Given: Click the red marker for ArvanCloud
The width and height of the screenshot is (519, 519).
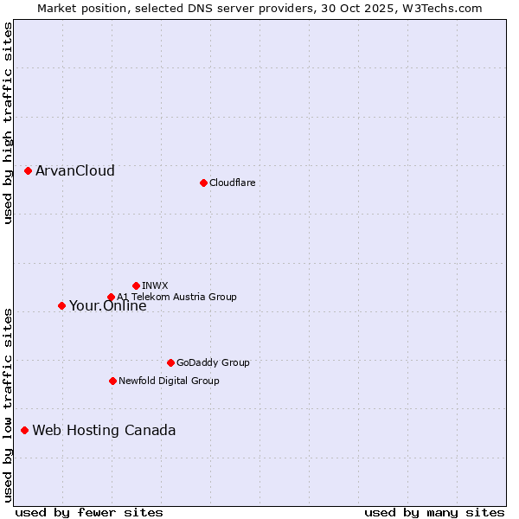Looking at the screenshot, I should point(28,170).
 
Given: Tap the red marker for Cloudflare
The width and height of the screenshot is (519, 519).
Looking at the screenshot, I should point(203,183).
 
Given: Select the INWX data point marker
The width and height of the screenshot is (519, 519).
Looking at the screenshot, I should point(136,285).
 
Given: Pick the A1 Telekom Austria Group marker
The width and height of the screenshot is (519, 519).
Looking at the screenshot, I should point(111,298).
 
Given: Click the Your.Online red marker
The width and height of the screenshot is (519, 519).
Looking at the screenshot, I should point(61,305).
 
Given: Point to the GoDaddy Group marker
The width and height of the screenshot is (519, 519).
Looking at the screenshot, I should point(170,362).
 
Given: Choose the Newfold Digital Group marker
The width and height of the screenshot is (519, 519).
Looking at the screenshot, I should point(112,381).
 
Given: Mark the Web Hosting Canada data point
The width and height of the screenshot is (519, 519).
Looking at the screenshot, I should point(24,430).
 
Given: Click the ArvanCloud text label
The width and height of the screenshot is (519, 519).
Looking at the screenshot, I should point(75,170).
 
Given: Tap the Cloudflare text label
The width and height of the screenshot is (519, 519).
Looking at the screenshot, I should point(232,183).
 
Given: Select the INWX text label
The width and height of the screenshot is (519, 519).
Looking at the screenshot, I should point(155,285).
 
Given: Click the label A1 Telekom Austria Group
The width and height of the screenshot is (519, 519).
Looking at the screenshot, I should point(176,297).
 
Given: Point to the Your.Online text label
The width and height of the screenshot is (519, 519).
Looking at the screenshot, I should point(108,305).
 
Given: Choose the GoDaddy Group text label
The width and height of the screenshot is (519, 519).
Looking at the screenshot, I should point(213,362).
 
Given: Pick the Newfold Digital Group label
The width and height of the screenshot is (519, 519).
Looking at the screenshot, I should point(169,381).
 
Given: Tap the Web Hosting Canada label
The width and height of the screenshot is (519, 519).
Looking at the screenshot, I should point(104,430).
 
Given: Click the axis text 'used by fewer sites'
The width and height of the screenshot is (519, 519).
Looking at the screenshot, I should point(89,512).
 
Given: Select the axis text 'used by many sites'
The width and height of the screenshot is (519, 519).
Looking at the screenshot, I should point(434,512).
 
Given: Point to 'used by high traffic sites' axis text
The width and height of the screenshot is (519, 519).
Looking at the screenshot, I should point(8,123).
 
